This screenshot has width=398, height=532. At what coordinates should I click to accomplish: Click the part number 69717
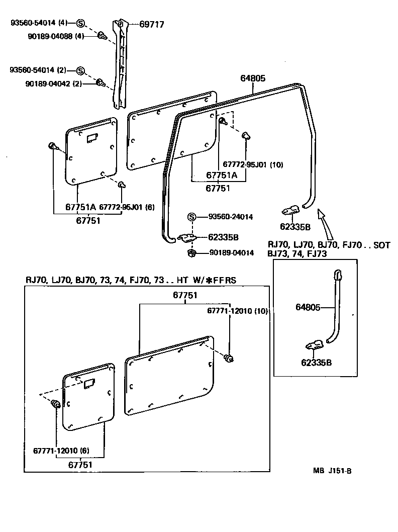pyautogui.click(x=151, y=24)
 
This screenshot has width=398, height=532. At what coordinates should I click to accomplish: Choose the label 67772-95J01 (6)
pyautogui.click(x=126, y=207)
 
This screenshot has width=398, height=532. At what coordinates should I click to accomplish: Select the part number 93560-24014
pyautogui.click(x=231, y=217)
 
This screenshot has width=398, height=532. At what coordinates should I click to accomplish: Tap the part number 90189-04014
pyautogui.click(x=231, y=252)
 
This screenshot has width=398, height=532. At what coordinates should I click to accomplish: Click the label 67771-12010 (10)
pyautogui.click(x=238, y=311)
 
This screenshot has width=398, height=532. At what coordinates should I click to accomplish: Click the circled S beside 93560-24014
pyautogui.click(x=191, y=217)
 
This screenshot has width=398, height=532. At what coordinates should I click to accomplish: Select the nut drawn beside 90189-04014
pyautogui.click(x=191, y=252)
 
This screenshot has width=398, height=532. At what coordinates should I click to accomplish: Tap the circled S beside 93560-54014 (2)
pyautogui.click(x=80, y=70)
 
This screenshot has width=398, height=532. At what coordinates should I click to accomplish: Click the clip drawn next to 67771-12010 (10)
pyautogui.click(x=230, y=358)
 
